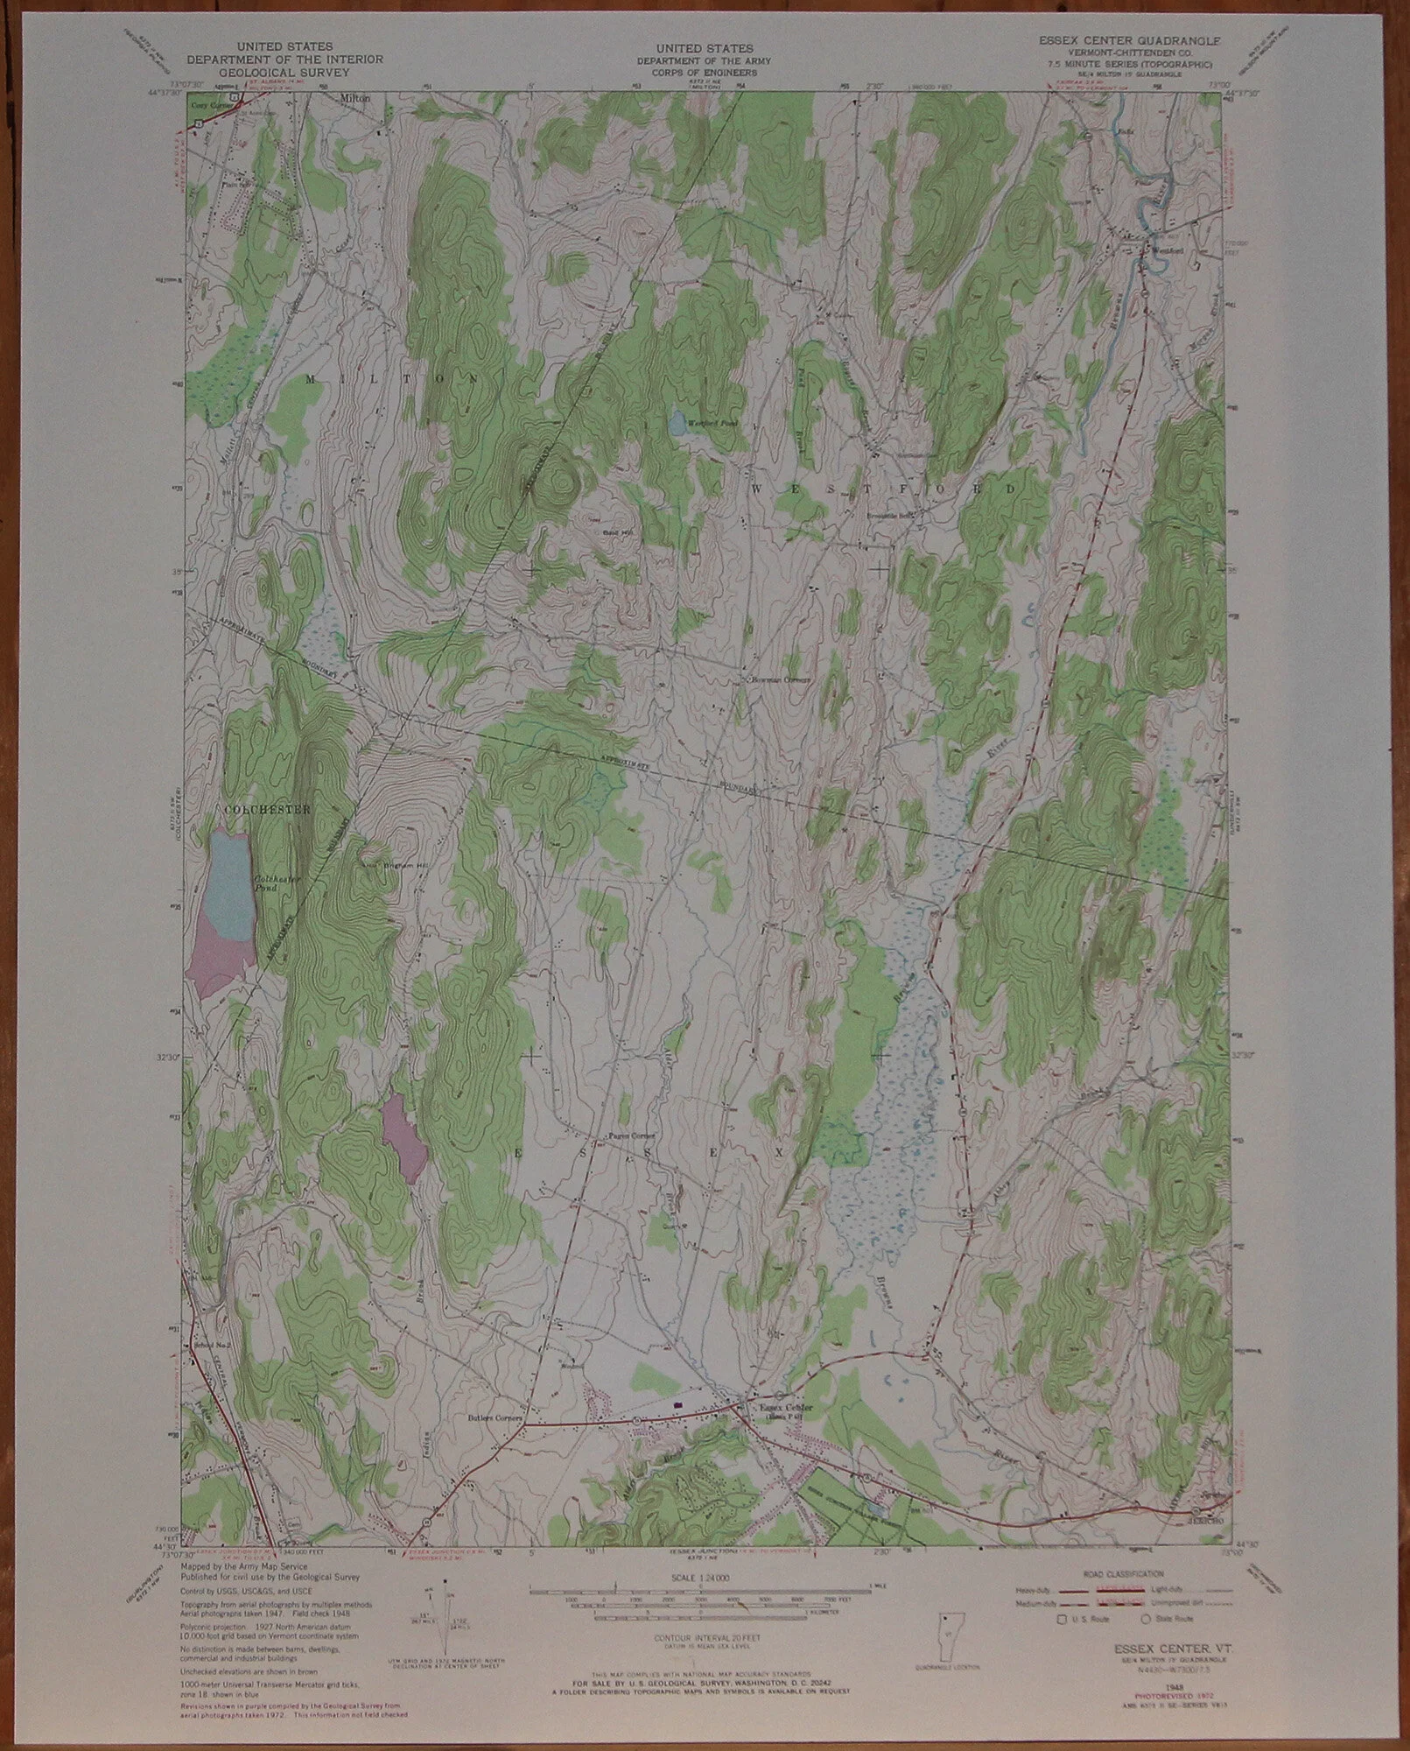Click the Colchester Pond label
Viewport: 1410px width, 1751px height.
click(x=265, y=884)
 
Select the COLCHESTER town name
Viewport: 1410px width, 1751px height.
click(x=267, y=810)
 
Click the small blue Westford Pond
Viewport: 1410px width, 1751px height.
click(x=676, y=425)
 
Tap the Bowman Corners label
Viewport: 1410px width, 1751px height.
click(x=779, y=679)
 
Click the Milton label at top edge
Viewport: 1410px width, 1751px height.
click(x=355, y=99)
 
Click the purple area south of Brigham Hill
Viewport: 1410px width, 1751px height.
click(x=404, y=1138)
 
